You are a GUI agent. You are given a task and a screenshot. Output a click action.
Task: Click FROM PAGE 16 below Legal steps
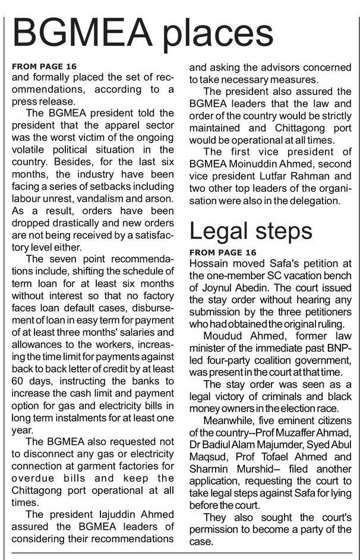point(223,252)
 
